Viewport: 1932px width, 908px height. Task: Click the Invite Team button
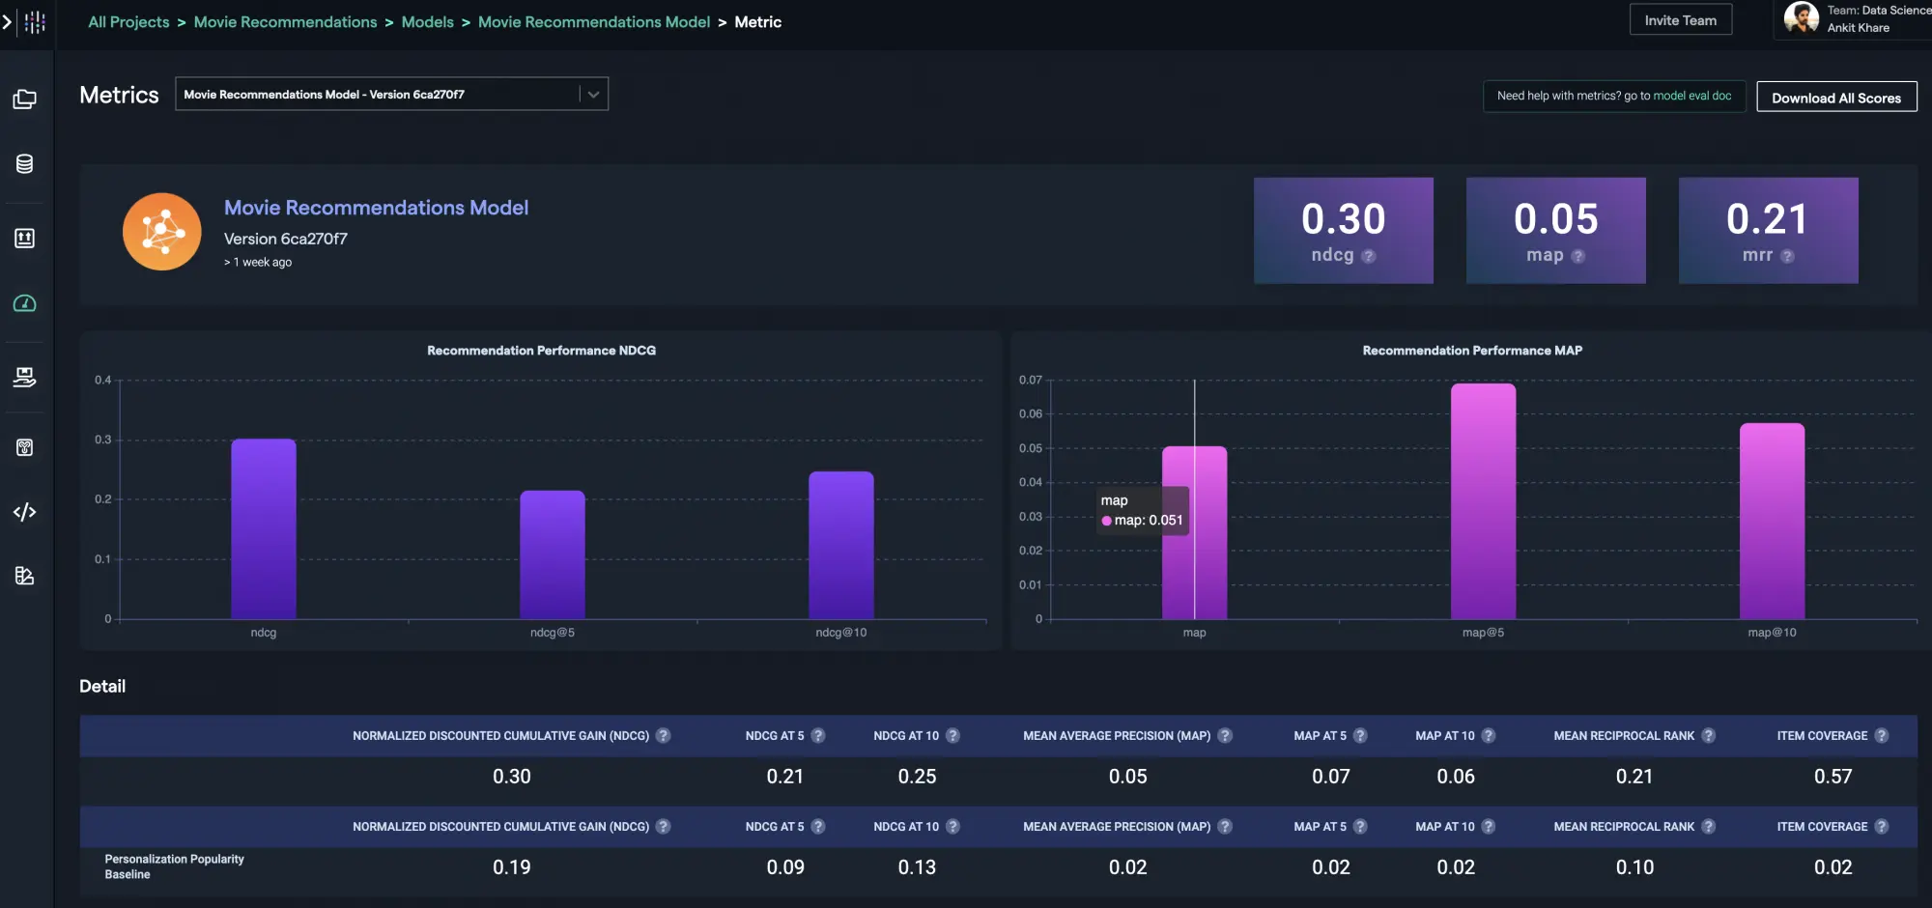1680,20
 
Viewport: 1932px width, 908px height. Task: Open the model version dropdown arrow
593,94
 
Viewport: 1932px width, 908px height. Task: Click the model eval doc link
1691,96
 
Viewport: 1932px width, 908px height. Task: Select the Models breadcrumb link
427,21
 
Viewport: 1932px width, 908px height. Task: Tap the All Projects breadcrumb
128,21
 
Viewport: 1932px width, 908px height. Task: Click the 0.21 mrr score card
1767,229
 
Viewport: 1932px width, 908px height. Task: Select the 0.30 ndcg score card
1343,229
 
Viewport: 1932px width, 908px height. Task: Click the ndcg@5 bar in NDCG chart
552,555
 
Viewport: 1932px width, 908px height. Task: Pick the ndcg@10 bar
840,546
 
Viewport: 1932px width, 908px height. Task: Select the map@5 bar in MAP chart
1483,502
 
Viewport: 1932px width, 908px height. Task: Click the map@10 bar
1772,522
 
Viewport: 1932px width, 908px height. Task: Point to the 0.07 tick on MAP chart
1030,380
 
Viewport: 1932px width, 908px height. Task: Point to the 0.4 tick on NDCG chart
102,380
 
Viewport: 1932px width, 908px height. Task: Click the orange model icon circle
162,231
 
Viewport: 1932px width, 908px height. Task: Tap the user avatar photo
1800,17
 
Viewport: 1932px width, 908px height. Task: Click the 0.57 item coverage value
1833,777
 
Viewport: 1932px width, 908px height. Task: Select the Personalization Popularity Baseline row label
174,866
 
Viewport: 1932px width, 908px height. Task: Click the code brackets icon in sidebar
25,512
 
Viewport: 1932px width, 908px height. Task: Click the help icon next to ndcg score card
1368,256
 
